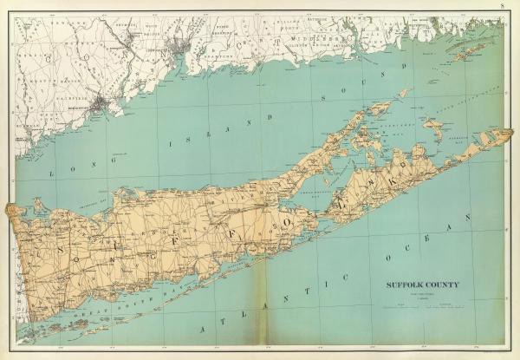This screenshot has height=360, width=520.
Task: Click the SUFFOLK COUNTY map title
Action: tap(422, 284)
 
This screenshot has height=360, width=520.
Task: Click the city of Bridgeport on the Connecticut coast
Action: tap(102, 105)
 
